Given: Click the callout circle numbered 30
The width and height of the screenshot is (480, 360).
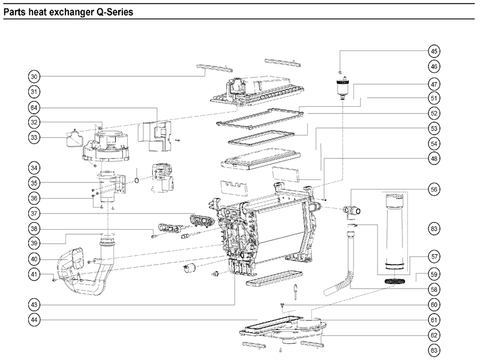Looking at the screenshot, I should pyautogui.click(x=35, y=77).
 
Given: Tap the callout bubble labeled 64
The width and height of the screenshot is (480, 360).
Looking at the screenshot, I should pyautogui.click(x=35, y=107).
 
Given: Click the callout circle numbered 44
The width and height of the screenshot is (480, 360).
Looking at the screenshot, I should pyautogui.click(x=35, y=320).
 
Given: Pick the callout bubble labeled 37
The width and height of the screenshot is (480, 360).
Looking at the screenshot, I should pyautogui.click(x=35, y=213).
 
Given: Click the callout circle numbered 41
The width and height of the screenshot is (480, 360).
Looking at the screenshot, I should pyautogui.click(x=35, y=275).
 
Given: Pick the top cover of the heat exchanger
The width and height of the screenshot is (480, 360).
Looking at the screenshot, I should pyautogui.click(x=255, y=90).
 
